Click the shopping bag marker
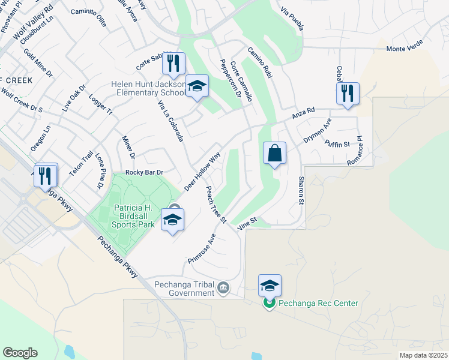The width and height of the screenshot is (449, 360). [x=274, y=153]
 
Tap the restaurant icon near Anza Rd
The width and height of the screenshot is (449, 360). [x=348, y=94]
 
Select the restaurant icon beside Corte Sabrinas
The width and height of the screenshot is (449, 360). [x=173, y=64]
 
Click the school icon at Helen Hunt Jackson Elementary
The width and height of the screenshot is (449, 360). [x=196, y=86]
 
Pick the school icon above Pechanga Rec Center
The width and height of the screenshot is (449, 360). [x=270, y=286]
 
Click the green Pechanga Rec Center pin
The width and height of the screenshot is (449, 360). [x=270, y=304]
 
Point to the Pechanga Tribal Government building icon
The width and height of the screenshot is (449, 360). [x=223, y=288]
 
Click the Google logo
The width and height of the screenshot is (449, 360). [x=20, y=352]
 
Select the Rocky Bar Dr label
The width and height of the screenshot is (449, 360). [x=145, y=173]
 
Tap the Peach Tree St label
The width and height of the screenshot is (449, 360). [x=215, y=205]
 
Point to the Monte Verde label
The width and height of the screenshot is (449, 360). [x=405, y=46]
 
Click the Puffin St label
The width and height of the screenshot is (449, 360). [x=337, y=144]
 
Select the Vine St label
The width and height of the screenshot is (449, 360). [x=247, y=223]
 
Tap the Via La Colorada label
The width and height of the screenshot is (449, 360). [x=170, y=121]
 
